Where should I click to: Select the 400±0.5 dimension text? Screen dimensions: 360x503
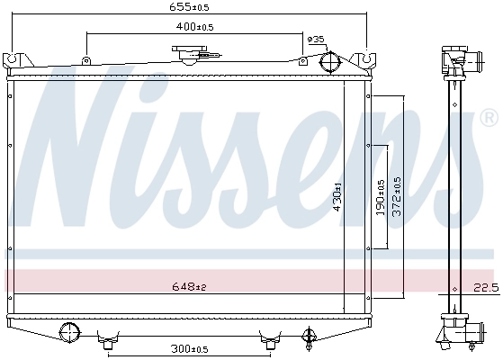(x=194, y=27)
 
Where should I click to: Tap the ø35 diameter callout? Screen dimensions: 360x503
(x=316, y=40)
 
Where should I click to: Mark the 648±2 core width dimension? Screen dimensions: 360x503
(x=190, y=287)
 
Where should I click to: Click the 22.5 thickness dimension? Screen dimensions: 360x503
(x=485, y=287)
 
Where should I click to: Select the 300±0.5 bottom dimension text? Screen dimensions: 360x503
(x=190, y=349)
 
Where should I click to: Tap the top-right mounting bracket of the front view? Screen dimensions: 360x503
(x=368, y=61)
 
